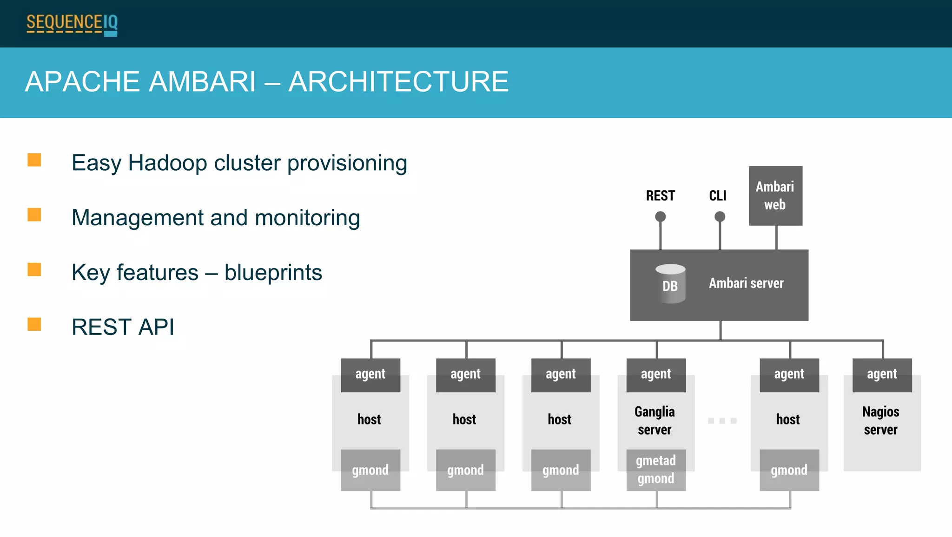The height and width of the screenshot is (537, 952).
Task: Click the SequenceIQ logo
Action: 72,24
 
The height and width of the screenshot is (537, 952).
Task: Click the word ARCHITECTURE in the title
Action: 398,82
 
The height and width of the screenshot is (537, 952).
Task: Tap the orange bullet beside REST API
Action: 34,324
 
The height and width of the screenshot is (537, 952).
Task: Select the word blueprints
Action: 273,273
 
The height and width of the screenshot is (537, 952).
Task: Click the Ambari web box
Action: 775,196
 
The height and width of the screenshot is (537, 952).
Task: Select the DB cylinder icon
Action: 670,284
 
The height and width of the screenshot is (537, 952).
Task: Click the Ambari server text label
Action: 746,283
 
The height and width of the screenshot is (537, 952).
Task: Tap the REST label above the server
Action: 660,196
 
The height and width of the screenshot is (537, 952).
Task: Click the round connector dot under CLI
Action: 720,216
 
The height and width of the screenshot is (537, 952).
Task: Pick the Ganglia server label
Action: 654,420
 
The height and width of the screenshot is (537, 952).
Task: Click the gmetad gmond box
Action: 656,470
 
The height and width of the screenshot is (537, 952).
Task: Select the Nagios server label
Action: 880,420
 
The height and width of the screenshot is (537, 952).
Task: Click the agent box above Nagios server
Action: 882,375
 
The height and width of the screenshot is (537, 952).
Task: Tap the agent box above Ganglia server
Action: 656,375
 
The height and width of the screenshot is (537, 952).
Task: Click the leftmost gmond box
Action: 370,470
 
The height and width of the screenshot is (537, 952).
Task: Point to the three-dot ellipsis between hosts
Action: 722,421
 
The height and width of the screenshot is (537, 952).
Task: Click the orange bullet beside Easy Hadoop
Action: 34,160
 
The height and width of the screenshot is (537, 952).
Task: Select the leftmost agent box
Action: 370,375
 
